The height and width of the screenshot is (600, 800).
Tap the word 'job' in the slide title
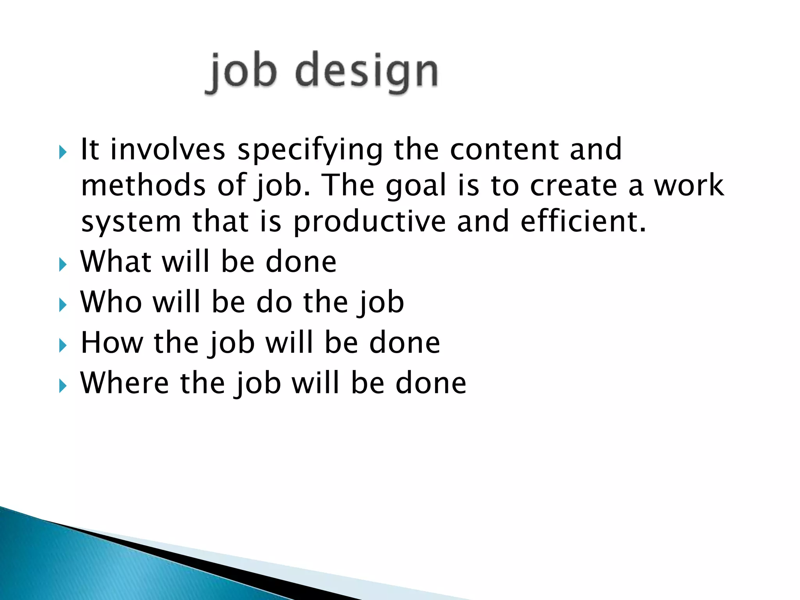pos(242,73)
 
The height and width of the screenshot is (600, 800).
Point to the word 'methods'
pos(143,186)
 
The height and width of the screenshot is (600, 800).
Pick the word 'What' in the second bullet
pos(116,261)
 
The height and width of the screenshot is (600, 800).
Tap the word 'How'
pos(112,343)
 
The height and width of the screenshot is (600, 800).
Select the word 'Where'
pos(125,383)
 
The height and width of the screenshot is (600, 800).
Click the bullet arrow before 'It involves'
pos(62,152)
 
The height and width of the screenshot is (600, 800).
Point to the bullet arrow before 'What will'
pos(62,264)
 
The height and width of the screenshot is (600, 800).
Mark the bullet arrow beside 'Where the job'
pos(62,386)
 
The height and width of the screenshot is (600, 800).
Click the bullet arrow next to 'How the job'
pos(62,345)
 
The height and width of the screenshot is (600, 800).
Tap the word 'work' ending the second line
pos(689,186)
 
